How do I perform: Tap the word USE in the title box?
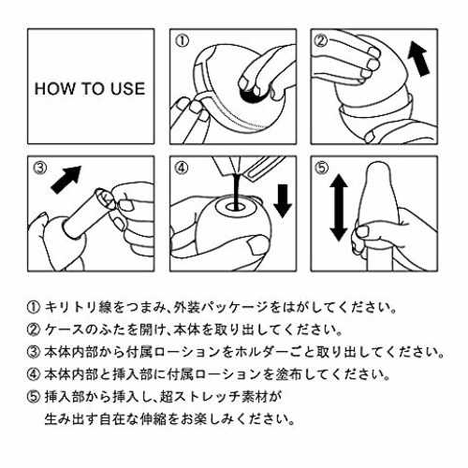pos(128,89)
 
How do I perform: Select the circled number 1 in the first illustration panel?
pos(182,41)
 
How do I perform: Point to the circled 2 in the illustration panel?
pos(321,41)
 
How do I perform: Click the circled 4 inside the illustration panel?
pos(182,168)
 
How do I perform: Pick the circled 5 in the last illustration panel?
pos(322,168)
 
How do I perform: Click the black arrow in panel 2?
pos(419,59)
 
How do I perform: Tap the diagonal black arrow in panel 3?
pos(66,180)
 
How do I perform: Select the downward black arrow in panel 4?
pos(283,200)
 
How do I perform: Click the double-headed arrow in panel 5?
pos(339,208)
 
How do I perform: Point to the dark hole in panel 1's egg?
pos(250,95)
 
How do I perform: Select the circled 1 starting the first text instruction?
pos(34,308)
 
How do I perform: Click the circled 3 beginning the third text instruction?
pos(34,352)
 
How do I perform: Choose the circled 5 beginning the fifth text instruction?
pos(34,397)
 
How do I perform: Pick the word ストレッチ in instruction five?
pos(201,397)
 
